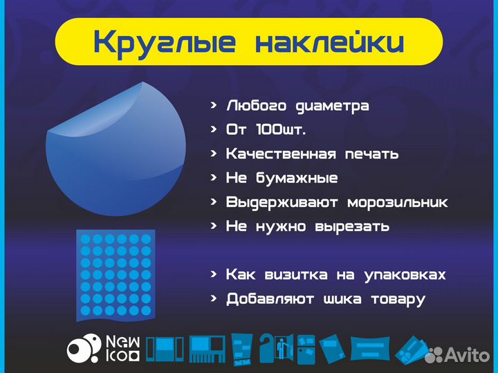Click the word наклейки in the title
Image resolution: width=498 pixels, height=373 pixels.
point(329,42)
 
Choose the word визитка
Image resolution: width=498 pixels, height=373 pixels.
point(296,275)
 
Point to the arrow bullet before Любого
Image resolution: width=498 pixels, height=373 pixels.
point(214,106)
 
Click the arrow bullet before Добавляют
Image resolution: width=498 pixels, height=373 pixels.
point(214,299)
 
